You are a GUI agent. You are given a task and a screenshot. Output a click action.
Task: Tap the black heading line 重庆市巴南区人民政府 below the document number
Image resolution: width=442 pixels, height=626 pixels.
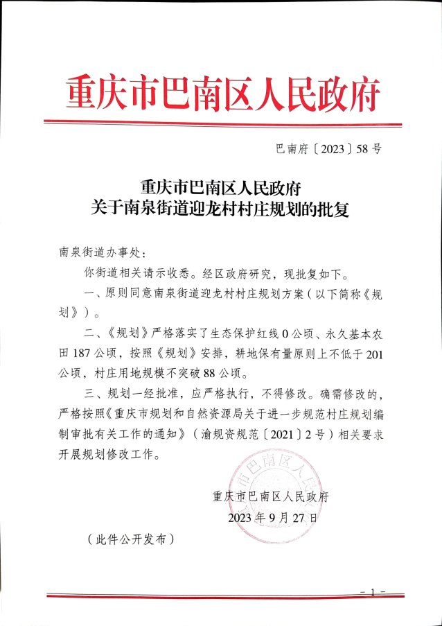(x=221, y=186)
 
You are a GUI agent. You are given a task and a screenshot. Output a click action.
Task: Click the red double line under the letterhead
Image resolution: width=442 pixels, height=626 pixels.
(x=221, y=123)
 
